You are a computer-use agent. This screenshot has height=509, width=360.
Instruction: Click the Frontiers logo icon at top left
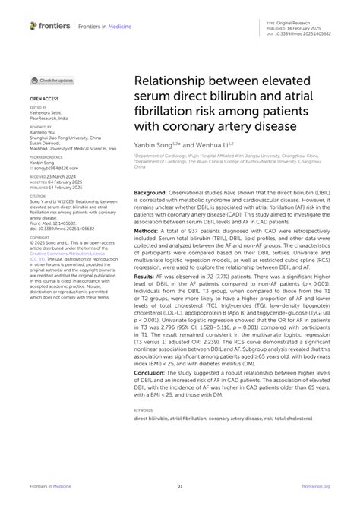[33, 25]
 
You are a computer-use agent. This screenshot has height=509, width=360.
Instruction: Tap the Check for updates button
[53, 80]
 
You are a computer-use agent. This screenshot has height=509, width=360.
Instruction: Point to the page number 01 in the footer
[180, 486]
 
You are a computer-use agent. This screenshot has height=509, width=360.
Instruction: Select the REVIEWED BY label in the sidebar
[42, 127]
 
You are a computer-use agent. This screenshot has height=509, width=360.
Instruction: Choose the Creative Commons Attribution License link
[63, 252]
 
